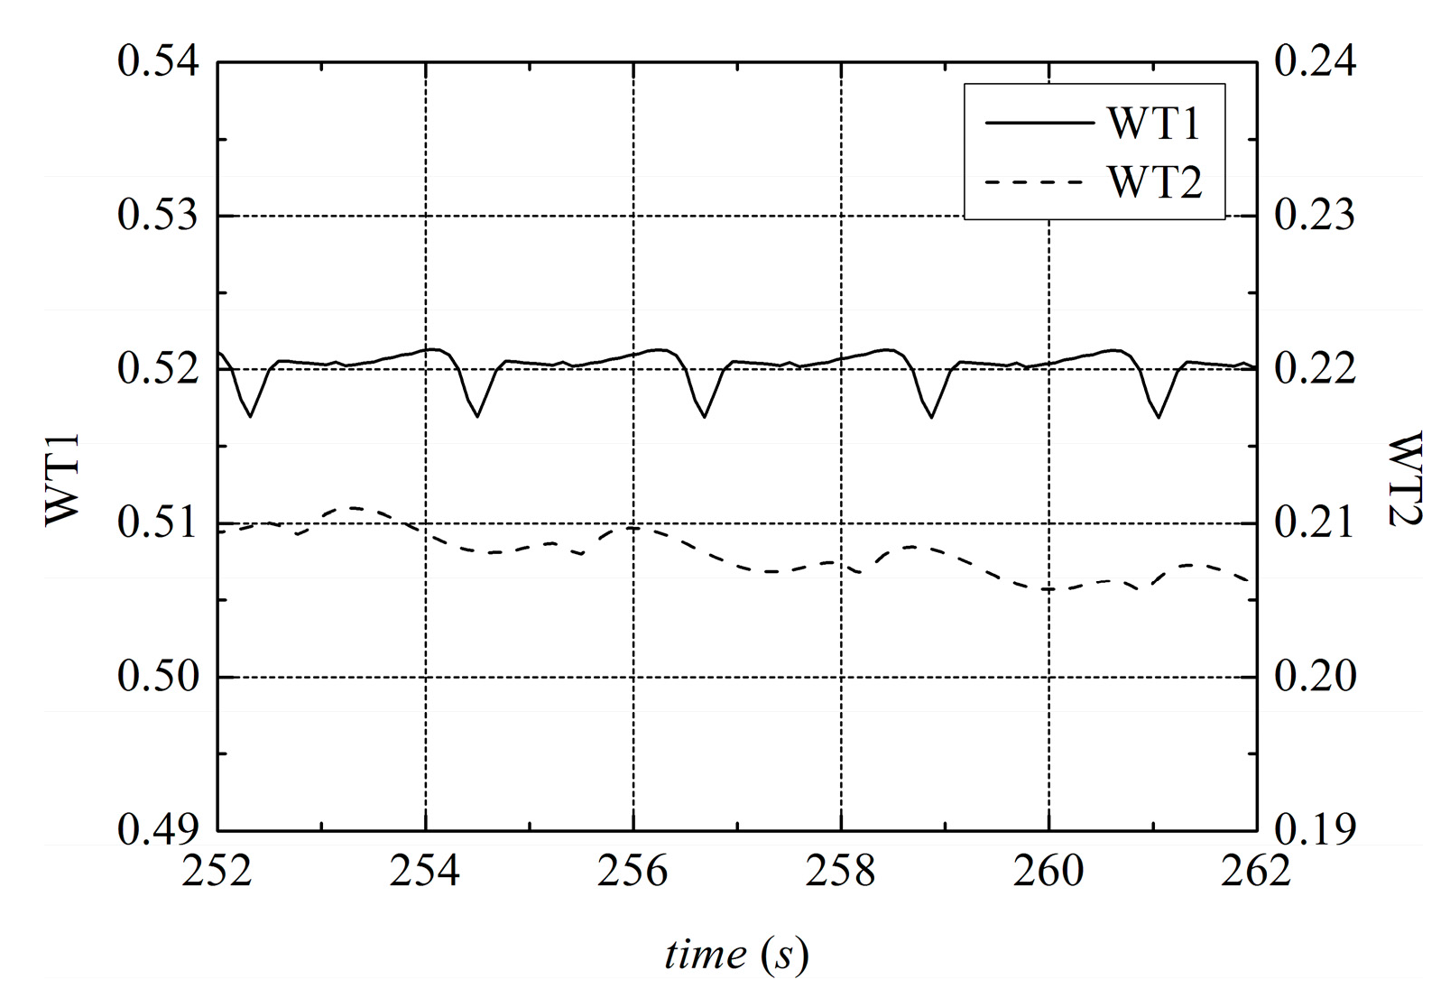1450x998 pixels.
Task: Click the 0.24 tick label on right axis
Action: [1315, 63]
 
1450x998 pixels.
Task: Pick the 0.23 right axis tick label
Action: [1315, 217]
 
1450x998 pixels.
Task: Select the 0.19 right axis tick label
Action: [1315, 830]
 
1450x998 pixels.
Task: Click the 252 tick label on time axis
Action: [217, 873]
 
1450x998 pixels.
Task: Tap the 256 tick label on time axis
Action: [633, 873]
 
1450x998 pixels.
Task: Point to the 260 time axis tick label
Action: [1048, 873]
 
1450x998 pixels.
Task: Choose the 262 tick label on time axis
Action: [1256, 873]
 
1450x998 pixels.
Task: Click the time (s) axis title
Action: [736, 955]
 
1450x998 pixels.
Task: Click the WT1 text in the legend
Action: [1154, 124]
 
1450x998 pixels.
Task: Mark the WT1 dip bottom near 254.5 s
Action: [477, 416]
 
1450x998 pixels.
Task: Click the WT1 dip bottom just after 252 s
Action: [250, 416]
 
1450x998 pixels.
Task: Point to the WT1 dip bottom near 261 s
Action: [1159, 417]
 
